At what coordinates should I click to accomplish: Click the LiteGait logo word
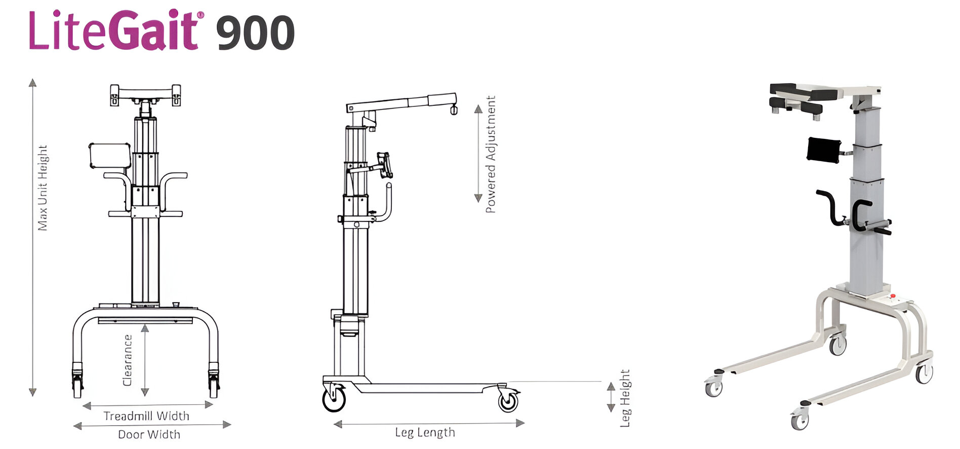click(116, 30)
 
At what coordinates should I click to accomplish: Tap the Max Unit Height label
click(43, 188)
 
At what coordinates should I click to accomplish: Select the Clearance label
click(128, 360)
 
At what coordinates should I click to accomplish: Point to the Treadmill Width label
click(146, 416)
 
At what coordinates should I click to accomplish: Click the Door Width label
click(149, 434)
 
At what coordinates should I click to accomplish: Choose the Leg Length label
click(425, 432)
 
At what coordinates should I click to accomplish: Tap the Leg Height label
click(626, 398)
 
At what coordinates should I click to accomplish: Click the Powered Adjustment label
click(491, 154)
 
